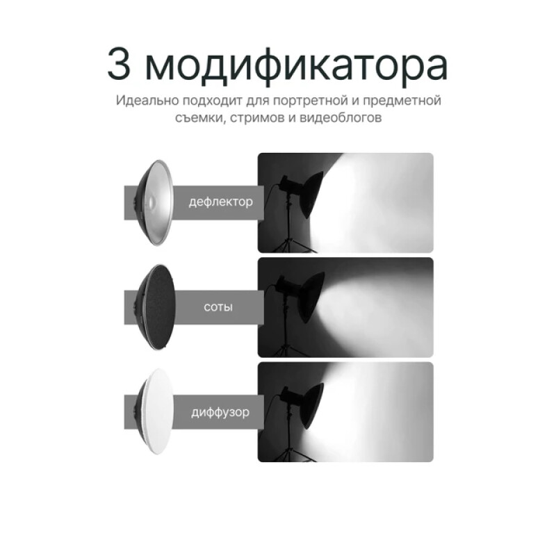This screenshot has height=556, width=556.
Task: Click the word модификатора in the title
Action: point(298,65)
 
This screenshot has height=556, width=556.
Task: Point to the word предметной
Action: point(404,101)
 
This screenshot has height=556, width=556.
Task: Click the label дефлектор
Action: point(220,202)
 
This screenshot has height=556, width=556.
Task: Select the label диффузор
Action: point(220,411)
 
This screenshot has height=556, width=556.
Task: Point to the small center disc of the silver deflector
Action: point(148,202)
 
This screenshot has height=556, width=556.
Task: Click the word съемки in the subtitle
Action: point(198,118)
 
